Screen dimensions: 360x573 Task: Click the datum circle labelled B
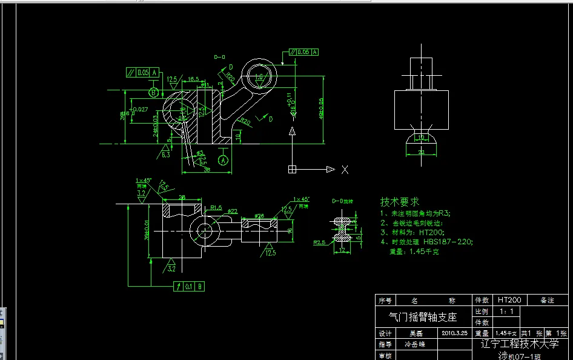[x=154, y=92]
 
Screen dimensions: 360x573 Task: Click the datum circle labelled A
[x=224, y=159]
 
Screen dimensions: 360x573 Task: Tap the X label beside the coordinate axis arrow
[x=345, y=170]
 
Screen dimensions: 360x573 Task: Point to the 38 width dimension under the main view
[x=207, y=170]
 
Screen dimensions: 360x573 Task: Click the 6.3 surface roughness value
[x=165, y=155]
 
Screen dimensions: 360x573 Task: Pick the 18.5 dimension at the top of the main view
[x=193, y=79]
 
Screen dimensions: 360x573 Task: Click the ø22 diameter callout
[x=232, y=211]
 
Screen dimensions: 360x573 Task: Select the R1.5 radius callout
[x=216, y=208]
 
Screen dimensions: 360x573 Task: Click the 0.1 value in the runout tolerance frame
[x=189, y=285]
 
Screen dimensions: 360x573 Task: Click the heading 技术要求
[x=399, y=201]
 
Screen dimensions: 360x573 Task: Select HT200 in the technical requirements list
[x=432, y=232]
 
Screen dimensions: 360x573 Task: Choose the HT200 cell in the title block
[x=509, y=300]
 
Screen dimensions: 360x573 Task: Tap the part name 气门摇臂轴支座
[x=422, y=316]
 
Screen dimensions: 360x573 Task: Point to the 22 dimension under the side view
[x=422, y=153]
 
